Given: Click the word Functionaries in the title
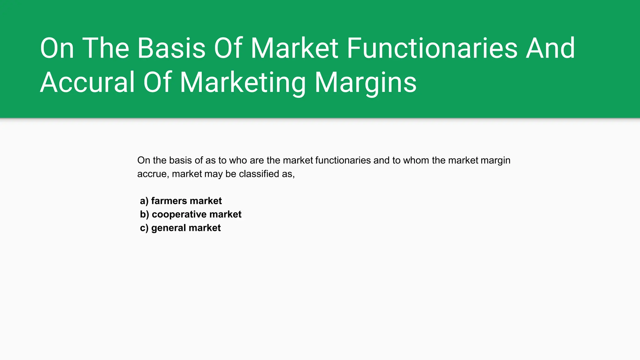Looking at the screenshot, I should (432, 48).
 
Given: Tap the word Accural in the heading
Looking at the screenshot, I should (87, 82).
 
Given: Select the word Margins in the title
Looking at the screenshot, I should (365, 82).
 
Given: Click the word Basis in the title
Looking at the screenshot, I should (171, 48).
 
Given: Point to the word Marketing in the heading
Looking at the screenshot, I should (243, 82).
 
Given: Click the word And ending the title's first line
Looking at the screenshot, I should (550, 48).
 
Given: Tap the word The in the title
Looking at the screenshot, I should (105, 48).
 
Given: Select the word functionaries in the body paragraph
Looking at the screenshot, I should (343, 160).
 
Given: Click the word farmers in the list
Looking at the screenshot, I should (169, 201).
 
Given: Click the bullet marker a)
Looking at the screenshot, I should (144, 201).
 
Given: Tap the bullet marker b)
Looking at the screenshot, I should (144, 214).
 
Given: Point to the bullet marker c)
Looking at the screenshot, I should (144, 228).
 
